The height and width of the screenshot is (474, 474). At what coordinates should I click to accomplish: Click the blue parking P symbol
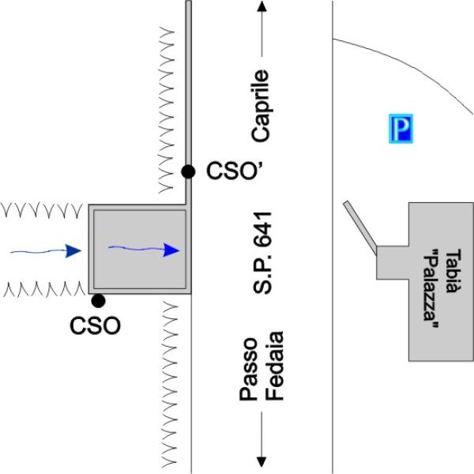coord(402,129)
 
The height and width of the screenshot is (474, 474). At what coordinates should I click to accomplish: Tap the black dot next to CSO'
coord(187,171)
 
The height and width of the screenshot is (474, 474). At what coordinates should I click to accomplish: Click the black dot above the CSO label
coord(98,300)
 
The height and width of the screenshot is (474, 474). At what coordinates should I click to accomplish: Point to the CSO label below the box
coord(96,325)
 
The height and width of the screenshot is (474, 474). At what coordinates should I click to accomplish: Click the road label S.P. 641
coord(262,252)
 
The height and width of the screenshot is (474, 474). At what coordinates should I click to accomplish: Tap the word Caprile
coord(261,106)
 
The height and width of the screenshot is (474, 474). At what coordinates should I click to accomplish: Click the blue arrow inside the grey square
coord(142,249)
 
